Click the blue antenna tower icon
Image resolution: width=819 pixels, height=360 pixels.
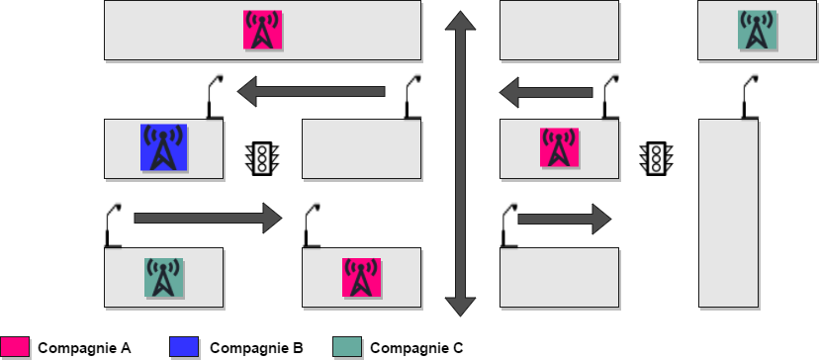click(x=163, y=147)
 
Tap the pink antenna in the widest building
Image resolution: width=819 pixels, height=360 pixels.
click(x=263, y=30)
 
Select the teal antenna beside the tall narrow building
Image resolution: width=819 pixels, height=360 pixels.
click(x=757, y=30)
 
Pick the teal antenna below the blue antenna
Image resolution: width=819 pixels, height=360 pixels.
click(x=163, y=278)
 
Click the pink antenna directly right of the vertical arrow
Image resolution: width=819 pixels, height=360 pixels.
click(x=560, y=147)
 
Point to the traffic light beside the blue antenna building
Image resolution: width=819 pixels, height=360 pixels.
click(x=262, y=158)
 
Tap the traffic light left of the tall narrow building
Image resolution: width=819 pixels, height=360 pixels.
click(x=656, y=158)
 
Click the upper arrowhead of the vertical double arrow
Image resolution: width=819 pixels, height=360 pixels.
click(x=460, y=21)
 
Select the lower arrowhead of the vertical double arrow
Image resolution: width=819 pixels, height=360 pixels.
click(x=460, y=307)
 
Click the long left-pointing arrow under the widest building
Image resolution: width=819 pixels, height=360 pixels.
click(x=312, y=91)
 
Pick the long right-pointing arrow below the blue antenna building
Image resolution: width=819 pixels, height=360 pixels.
click(x=208, y=218)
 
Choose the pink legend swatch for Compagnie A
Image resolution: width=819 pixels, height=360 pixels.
click(x=15, y=347)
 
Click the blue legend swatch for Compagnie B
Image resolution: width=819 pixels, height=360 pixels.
click(x=184, y=347)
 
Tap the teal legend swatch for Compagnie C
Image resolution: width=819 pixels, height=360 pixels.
click(x=347, y=347)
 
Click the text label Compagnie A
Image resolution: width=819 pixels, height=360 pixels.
click(x=84, y=348)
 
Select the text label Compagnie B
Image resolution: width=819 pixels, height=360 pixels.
click(x=256, y=348)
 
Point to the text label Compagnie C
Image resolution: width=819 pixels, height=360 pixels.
click(x=416, y=348)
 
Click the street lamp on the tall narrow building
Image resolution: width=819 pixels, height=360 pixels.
click(x=750, y=97)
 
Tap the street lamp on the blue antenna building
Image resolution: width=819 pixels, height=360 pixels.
click(x=215, y=97)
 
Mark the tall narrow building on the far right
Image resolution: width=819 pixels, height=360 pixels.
click(x=728, y=214)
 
